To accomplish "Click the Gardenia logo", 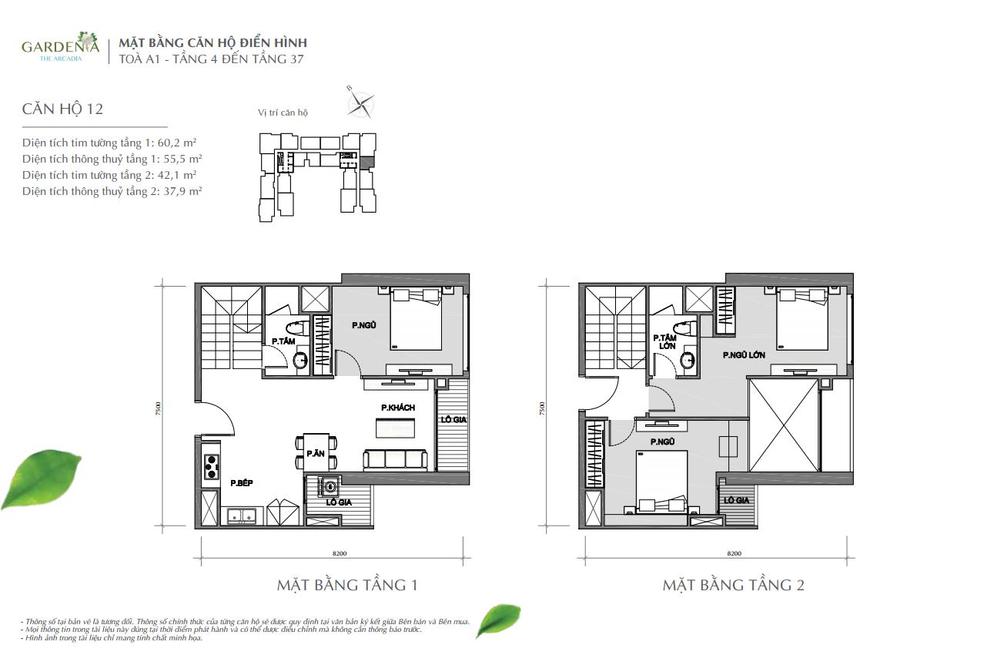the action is (61, 47).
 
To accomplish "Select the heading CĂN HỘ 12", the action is (63, 109).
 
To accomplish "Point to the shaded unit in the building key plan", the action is (366, 162).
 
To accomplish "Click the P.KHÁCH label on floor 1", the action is (398, 408).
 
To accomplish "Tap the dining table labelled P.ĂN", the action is (316, 452).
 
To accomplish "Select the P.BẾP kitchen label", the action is (242, 483).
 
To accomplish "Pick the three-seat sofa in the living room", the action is (394, 460).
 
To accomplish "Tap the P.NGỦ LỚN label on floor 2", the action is (744, 355).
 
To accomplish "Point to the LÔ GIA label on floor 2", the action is (736, 500).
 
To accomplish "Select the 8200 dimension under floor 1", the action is (340, 553).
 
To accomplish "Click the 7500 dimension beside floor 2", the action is (542, 408).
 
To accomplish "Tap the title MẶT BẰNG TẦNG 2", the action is (733, 585).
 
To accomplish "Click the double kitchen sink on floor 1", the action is (242, 516).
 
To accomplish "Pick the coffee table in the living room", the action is (395, 428).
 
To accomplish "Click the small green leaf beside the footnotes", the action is (498, 620).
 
